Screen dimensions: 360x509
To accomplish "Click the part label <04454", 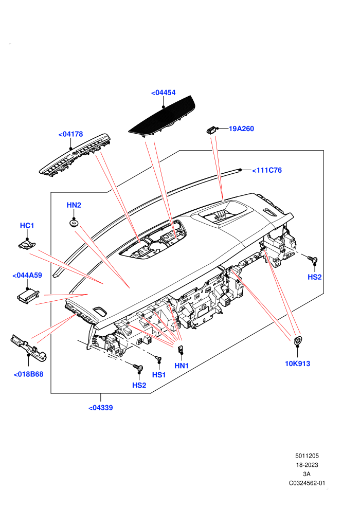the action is click(163, 93).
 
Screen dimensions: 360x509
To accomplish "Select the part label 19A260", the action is click(241, 129).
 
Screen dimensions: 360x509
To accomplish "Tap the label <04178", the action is click(71, 134).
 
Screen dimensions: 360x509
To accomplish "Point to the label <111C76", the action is click(267, 170).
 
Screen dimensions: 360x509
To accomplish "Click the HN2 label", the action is click(74, 205).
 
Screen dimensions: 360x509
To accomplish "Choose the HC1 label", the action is click(27, 225).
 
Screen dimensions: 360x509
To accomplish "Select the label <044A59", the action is click(27, 275).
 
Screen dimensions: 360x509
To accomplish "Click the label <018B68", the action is click(29, 374).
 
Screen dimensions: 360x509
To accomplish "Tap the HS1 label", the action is click(159, 375).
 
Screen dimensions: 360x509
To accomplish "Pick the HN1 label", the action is click(182, 366).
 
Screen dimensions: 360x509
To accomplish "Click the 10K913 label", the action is click(297, 363).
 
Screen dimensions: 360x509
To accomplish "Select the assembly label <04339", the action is click(101, 408).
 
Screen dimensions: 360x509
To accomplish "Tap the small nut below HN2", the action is click(74, 223).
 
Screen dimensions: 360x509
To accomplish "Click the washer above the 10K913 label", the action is click(297, 340).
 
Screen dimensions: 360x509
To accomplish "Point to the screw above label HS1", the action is click(159, 359).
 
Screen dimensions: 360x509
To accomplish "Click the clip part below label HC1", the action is click(27, 244).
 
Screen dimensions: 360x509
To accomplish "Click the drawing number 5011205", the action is click(307, 456).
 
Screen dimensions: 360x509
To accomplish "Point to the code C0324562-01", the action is click(307, 483).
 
